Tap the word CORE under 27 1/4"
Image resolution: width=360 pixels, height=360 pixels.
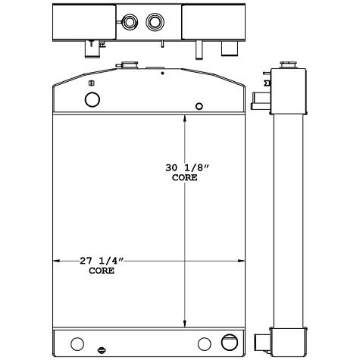[102, 270]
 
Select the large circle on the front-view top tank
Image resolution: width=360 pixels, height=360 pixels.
[92, 99]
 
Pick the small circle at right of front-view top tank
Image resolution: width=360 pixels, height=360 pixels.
[199, 106]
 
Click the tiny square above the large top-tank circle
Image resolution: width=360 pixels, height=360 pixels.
[91, 83]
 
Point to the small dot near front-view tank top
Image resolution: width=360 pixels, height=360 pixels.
[163, 74]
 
